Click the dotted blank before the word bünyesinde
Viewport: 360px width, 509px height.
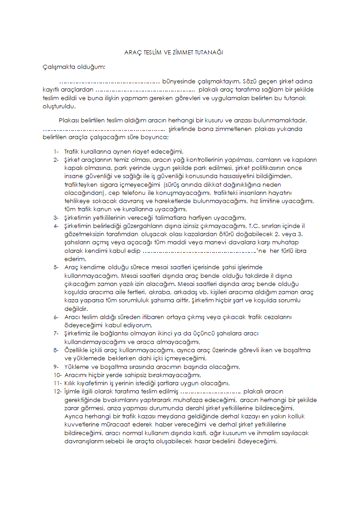109,82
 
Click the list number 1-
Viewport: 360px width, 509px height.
56,152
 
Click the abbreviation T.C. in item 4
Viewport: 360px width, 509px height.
254,226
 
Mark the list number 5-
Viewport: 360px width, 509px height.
56,267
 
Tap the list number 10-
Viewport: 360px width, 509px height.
57,374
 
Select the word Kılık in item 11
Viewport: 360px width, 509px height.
72,383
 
